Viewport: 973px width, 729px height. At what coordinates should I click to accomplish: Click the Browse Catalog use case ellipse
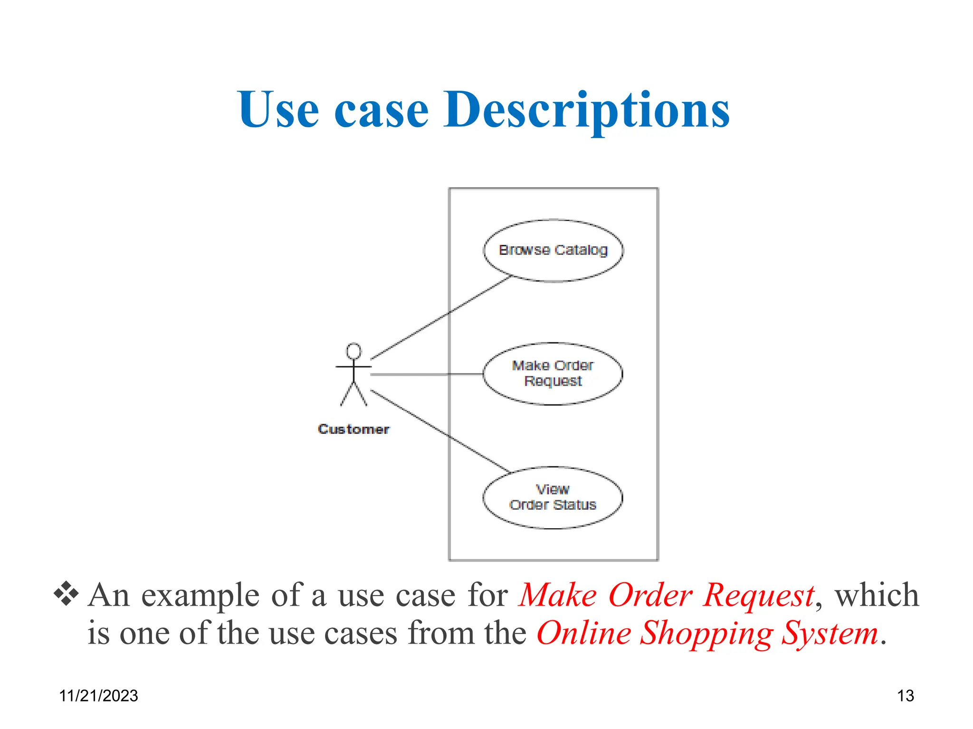point(553,250)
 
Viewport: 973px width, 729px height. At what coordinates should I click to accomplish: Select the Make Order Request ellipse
point(553,374)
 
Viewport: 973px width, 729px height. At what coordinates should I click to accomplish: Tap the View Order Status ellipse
point(553,497)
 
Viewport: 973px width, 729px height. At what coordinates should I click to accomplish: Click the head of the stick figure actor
point(353,351)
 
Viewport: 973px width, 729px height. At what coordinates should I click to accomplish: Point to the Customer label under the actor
point(353,429)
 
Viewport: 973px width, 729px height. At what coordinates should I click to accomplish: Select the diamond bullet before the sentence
point(66,594)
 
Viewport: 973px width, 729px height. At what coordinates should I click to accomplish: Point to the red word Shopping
point(706,634)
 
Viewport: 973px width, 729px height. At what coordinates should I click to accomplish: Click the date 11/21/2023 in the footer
point(98,696)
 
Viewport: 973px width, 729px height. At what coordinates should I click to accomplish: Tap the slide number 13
point(905,696)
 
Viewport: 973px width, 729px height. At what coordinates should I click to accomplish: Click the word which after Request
point(877,595)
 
